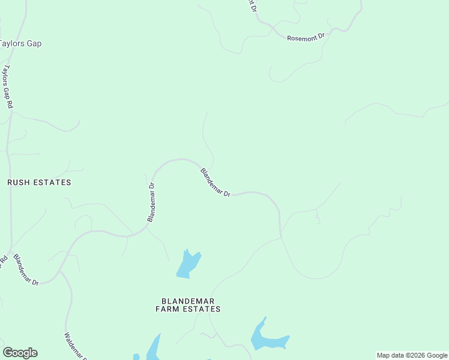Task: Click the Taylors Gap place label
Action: (x=20, y=44)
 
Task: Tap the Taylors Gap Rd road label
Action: (x=8, y=87)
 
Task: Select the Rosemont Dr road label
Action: (x=306, y=37)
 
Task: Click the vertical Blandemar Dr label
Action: (x=152, y=202)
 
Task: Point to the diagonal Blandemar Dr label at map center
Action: (x=215, y=182)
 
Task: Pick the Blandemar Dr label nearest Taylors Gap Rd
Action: (x=26, y=270)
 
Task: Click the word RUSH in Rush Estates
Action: (x=19, y=182)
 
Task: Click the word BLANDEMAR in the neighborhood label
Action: (x=188, y=301)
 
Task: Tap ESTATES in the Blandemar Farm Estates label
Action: (x=202, y=310)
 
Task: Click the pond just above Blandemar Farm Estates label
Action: (x=188, y=264)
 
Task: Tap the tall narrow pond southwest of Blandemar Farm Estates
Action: (x=154, y=348)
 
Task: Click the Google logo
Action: (x=20, y=353)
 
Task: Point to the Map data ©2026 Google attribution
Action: (x=412, y=355)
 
